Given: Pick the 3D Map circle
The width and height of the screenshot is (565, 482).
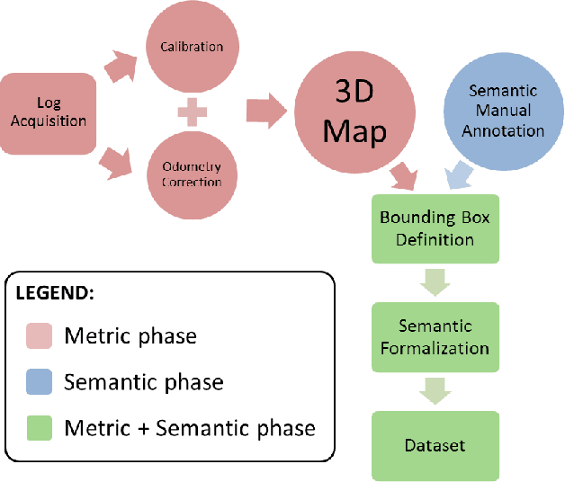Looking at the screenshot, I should click(354, 112).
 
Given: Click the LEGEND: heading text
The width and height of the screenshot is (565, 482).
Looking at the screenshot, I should click(55, 294).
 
